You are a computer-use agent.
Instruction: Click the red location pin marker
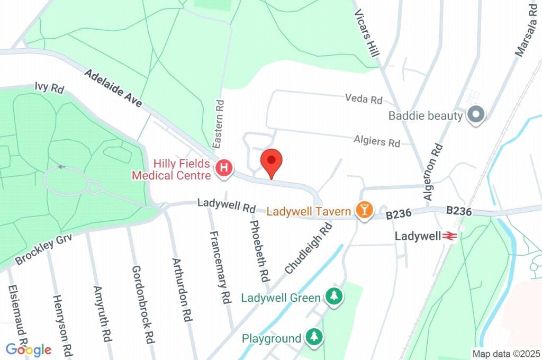pyautogui.click(x=272, y=162)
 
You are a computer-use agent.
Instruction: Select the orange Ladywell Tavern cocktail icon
pyautogui.click(x=364, y=210)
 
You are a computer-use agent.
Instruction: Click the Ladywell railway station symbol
pyautogui.click(x=450, y=236)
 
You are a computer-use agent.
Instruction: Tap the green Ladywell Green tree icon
pyautogui.click(x=333, y=296)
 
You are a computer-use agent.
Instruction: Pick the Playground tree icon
pyautogui.click(x=315, y=337)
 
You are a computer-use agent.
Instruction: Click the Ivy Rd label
pyautogui.click(x=49, y=87)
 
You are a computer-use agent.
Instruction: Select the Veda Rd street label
pyautogui.click(x=363, y=99)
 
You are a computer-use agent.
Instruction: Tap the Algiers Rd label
pyautogui.click(x=377, y=141)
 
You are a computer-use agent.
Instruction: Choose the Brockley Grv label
pyautogui.click(x=43, y=248)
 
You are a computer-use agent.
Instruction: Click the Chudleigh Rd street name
pyautogui.click(x=308, y=248)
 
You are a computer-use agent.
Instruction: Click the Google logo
pyautogui.click(x=29, y=349)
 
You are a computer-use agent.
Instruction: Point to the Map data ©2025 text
pyautogui.click(x=505, y=354)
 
